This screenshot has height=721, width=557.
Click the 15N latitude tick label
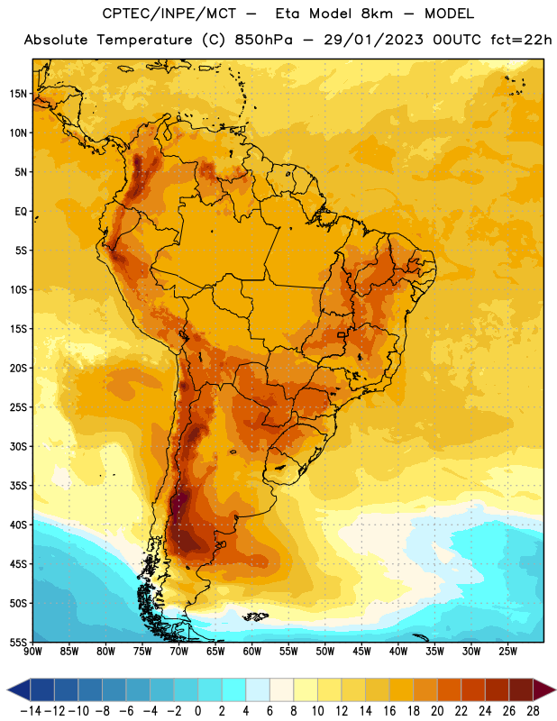point(18,94)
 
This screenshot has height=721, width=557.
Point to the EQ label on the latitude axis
point(21,212)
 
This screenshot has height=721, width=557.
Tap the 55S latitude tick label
point(18,643)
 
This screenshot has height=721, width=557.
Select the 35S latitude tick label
point(18,486)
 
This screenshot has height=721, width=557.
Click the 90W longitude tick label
point(32,652)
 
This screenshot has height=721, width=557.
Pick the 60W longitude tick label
point(252,652)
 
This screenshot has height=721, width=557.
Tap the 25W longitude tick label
point(507,652)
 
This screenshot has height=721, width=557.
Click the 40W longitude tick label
point(398,652)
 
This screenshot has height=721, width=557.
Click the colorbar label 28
point(533,711)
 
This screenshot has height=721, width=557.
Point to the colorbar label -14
point(31,711)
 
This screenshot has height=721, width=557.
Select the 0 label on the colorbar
point(197,711)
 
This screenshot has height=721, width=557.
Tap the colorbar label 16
point(389,711)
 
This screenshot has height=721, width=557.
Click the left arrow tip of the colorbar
point(7,689)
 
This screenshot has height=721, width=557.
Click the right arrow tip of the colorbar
point(556,689)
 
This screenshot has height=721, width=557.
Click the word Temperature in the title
point(144,40)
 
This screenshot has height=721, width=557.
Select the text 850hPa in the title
point(263,40)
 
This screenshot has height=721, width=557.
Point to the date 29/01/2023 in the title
point(373,40)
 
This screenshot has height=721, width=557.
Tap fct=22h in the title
point(521,40)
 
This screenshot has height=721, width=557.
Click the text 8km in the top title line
point(377,14)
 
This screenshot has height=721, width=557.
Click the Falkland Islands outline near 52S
point(255,616)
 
